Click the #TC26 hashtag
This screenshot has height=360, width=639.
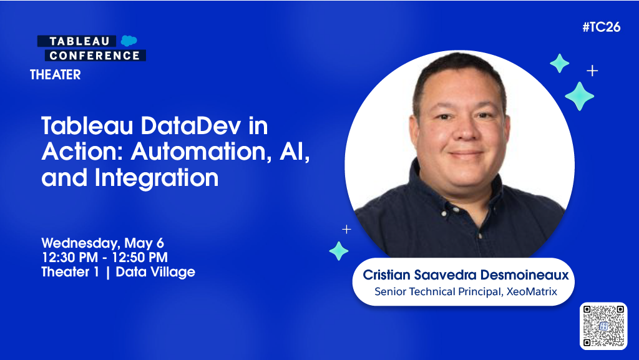(x=601, y=27)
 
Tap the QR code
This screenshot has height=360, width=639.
(x=603, y=325)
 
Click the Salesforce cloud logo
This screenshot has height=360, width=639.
(x=129, y=41)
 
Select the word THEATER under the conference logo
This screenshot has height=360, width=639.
(x=56, y=75)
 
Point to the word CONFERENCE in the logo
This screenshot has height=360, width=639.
(x=95, y=56)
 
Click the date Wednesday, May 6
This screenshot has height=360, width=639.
(x=102, y=243)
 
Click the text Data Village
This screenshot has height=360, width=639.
(x=155, y=272)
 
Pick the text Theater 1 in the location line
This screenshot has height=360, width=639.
(x=71, y=272)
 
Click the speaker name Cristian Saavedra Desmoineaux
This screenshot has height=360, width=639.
(x=467, y=275)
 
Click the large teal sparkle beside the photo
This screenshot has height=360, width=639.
(x=579, y=95)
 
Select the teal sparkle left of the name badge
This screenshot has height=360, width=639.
(x=339, y=251)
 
